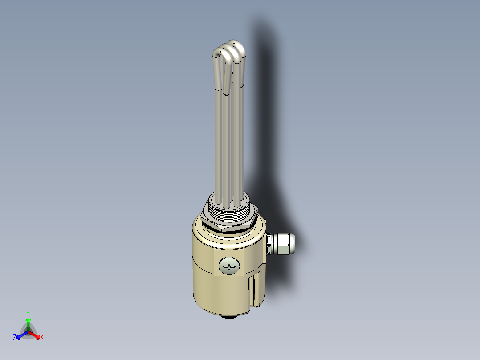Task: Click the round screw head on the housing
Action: pyautogui.click(x=229, y=266)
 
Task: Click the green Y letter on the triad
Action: pyautogui.click(x=28, y=313)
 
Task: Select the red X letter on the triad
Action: pyautogui.click(x=42, y=338)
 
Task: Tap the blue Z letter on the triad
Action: pyautogui.click(x=15, y=338)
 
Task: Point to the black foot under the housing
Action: pyautogui.click(x=229, y=317)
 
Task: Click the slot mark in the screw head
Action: pyautogui.click(x=229, y=267)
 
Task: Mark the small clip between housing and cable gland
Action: pyautogui.click(x=268, y=245)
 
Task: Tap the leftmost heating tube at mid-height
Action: pyautogui.click(x=219, y=143)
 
